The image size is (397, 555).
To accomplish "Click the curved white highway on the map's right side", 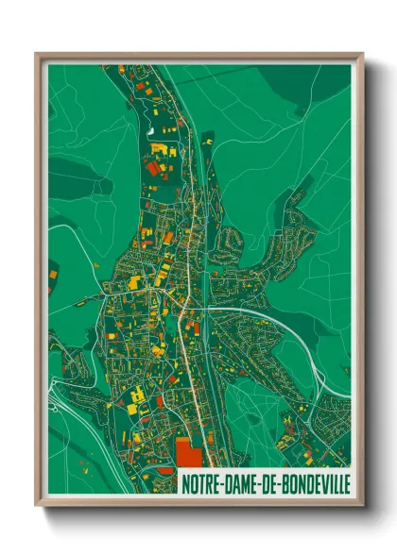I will click(284, 326).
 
